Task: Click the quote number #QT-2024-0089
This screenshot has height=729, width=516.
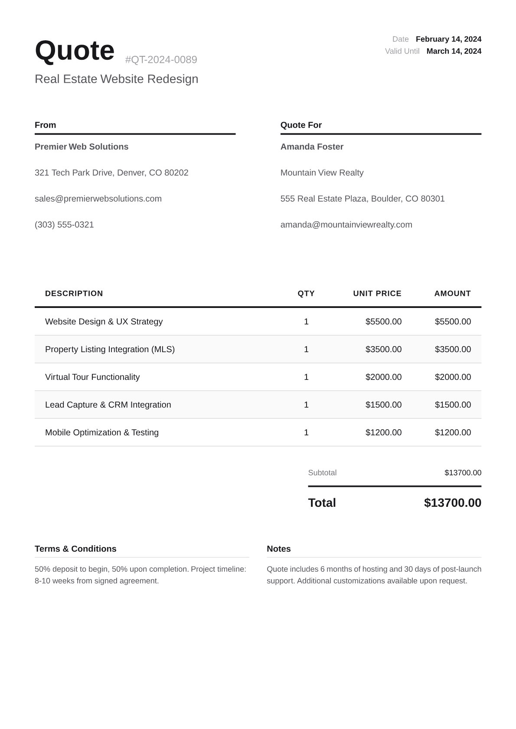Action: point(161,60)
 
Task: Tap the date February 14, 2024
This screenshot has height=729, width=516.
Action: point(448,39)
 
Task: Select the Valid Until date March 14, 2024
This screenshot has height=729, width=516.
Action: point(454,51)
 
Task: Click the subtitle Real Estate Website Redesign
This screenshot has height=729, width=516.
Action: point(116,79)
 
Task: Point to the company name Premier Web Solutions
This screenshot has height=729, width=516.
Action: point(82,147)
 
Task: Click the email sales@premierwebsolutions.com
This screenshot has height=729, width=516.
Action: point(98,199)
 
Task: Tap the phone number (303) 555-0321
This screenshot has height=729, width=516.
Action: point(64,225)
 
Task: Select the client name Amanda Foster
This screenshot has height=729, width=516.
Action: point(312,147)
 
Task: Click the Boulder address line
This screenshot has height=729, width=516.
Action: point(363,199)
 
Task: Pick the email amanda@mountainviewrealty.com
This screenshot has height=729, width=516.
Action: point(346,225)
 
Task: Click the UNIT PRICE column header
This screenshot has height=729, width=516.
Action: point(377,293)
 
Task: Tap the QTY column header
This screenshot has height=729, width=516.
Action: point(306,293)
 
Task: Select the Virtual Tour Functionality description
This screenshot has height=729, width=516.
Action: point(92,377)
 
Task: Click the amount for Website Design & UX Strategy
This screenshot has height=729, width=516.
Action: point(453,321)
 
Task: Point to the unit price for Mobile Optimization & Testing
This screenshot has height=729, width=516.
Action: point(383,432)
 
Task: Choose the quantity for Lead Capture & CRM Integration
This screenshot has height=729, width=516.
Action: point(306,405)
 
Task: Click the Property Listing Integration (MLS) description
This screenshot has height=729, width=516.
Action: point(110,349)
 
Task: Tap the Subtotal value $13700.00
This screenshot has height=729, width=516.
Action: point(463,473)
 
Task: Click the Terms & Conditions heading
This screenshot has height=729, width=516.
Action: point(75,549)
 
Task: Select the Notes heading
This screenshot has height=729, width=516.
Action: point(279,549)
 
